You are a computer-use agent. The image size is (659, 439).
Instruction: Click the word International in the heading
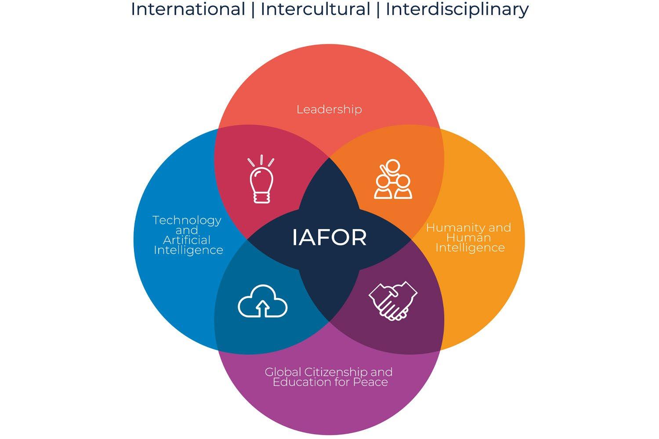tap(188, 9)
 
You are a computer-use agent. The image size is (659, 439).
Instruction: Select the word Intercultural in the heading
tap(315, 9)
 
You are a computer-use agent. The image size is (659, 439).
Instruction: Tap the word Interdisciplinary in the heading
tap(457, 9)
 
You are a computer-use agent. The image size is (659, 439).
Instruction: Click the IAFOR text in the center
tap(329, 237)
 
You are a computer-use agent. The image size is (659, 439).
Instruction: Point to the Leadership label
tap(329, 109)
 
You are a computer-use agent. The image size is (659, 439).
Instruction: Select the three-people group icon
tap(393, 180)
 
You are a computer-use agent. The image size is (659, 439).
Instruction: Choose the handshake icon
tap(393, 300)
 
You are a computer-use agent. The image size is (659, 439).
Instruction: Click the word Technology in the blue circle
tap(187, 220)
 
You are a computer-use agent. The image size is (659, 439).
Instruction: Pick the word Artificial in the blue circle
tap(187, 240)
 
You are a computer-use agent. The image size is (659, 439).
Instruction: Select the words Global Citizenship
tap(312, 372)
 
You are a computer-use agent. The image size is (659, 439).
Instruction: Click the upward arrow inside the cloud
tap(262, 308)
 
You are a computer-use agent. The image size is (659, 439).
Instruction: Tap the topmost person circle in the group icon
tap(392, 166)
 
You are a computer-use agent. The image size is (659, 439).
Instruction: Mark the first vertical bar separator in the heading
tap(253, 9)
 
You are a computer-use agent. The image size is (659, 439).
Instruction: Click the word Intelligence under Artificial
tap(188, 250)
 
